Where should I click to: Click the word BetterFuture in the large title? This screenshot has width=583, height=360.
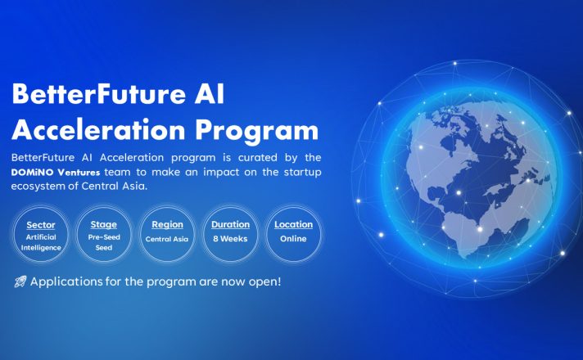(98, 94)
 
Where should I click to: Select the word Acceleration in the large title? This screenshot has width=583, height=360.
(98, 130)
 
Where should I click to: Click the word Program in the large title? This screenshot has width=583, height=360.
(257, 132)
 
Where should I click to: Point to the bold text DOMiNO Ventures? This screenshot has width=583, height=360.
(56, 173)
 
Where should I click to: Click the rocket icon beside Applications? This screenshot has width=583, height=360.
(20, 281)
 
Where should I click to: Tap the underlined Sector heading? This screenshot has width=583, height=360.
(41, 225)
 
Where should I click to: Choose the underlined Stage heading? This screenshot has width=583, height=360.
(104, 225)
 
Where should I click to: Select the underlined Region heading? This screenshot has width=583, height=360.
(167, 225)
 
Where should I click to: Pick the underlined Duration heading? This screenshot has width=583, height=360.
(231, 225)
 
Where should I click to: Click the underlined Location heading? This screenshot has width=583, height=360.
(293, 225)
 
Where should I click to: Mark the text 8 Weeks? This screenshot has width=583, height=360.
(230, 239)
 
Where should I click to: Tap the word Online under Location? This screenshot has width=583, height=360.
(293, 239)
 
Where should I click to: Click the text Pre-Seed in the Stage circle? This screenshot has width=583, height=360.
(104, 237)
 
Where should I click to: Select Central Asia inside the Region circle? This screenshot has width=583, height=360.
(167, 239)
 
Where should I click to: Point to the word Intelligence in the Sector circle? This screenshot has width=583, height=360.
(41, 248)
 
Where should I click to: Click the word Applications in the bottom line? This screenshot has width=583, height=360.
(66, 282)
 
